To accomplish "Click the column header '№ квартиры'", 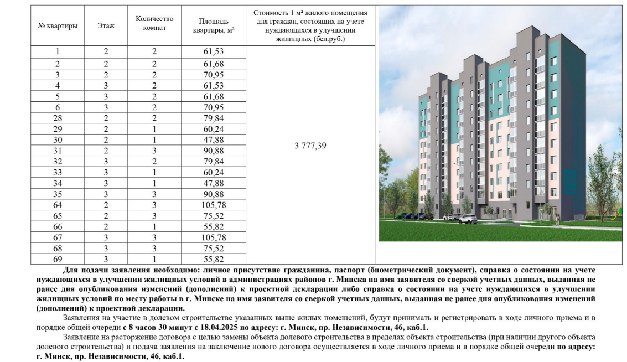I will [57, 26].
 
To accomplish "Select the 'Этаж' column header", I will [106, 26].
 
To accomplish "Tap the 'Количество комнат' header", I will [154, 23].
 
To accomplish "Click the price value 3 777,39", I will [310, 146].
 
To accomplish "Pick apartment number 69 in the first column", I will [57, 259].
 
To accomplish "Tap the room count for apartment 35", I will [154, 194].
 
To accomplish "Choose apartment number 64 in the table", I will [57, 205].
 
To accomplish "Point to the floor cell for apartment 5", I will [106, 96].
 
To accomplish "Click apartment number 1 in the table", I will [57, 51].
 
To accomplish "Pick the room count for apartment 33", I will [154, 172].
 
